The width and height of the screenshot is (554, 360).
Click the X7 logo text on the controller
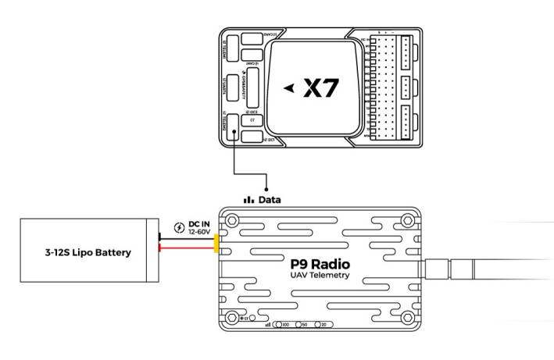(321, 88)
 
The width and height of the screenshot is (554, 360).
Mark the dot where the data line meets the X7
(235, 134)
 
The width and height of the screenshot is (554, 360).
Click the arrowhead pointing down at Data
(268, 187)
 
